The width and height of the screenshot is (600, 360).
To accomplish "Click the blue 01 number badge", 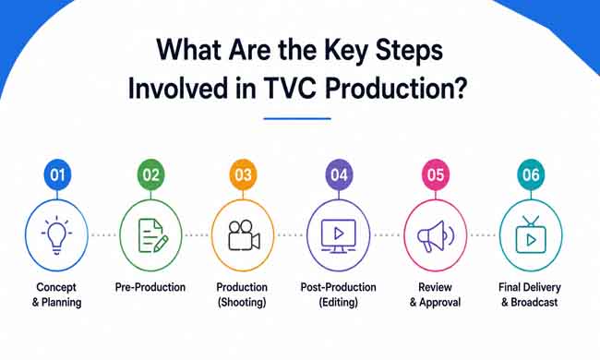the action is click(57, 174).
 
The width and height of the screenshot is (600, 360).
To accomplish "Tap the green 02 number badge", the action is click(150, 174).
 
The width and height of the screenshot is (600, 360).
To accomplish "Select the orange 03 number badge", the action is click(243, 174).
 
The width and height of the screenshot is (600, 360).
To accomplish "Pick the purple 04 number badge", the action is click(339, 174).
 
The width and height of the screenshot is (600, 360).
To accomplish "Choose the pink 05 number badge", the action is click(436, 174).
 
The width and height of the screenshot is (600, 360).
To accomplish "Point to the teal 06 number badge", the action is click(531, 174).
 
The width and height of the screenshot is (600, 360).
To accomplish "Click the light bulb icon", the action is click(56, 234).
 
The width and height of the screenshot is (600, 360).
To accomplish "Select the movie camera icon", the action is click(244, 235).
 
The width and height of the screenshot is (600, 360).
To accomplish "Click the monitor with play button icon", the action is click(339, 236).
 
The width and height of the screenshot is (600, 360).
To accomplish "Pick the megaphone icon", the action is click(436, 236).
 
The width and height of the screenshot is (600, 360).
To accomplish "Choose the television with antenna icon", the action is click(531, 234).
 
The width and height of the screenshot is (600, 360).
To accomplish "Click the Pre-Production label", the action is click(150, 287).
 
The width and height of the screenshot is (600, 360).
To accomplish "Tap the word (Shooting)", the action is click(242, 302).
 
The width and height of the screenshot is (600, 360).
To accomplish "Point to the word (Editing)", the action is click(339, 302).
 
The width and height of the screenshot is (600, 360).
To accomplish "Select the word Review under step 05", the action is click(435, 287).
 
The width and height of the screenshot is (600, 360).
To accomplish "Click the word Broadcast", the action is click(534, 302).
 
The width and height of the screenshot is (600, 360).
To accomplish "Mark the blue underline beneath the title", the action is click(297, 118).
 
